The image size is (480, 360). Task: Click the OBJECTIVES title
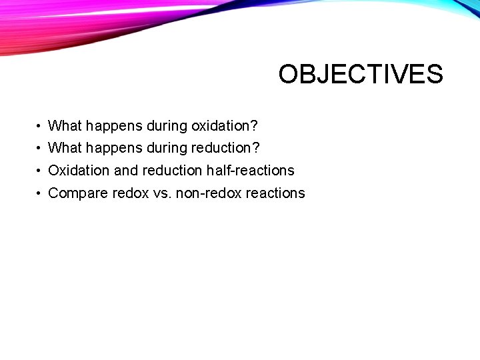click(x=360, y=74)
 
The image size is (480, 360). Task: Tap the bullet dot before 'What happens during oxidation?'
click(x=40, y=126)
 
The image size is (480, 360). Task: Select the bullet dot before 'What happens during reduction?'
click(x=40, y=148)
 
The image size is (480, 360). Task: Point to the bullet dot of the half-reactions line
click(x=40, y=171)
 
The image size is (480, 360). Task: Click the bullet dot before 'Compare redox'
click(x=40, y=193)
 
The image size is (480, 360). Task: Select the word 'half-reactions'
click(x=250, y=171)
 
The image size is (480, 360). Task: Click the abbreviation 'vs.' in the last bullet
click(x=161, y=193)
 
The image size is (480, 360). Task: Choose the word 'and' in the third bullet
click(x=126, y=170)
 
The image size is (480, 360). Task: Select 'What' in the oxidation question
click(x=65, y=125)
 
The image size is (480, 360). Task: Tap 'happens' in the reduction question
click(x=110, y=148)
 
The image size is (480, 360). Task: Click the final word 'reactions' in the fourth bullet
click(x=275, y=193)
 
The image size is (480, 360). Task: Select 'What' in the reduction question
click(x=65, y=147)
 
